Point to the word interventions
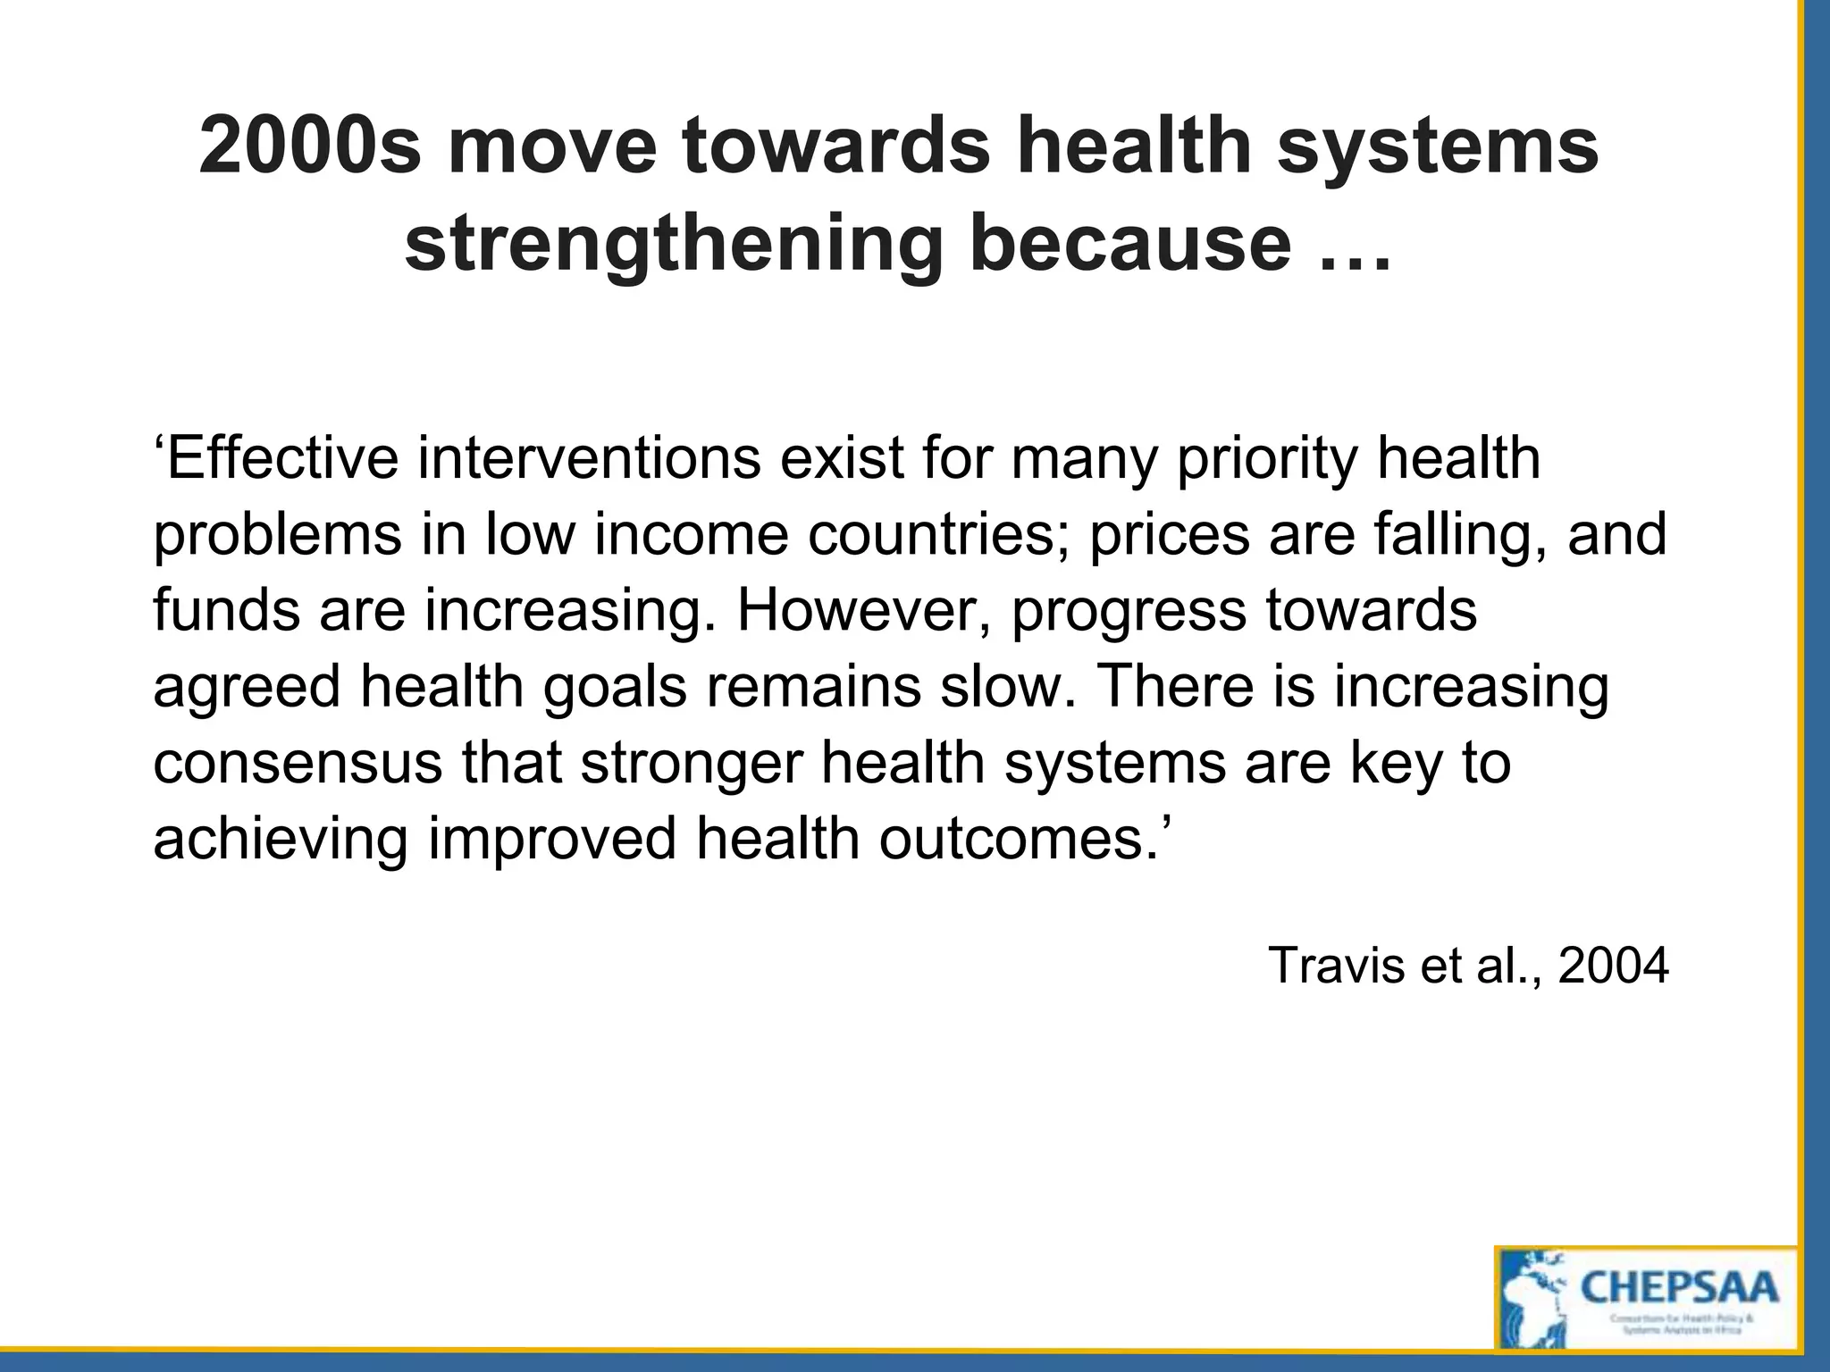[589, 458]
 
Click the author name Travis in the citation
[1336, 965]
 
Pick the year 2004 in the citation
[1613, 965]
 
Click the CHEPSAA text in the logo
[1679, 1289]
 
